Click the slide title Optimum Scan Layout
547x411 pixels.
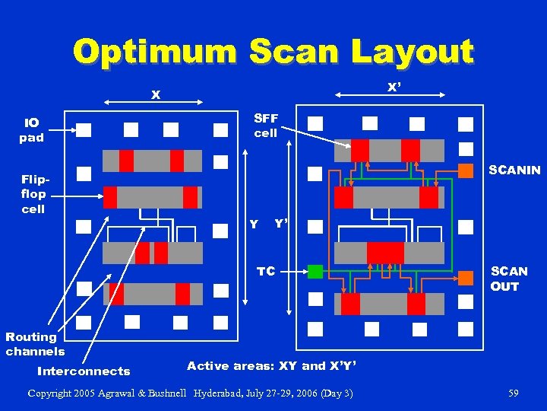click(273, 52)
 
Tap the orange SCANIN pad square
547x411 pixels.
click(466, 170)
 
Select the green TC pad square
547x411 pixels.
click(315, 271)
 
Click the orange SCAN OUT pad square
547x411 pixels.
click(466, 279)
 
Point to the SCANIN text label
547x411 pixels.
click(514, 170)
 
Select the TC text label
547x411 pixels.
click(266, 271)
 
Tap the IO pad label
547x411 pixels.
click(32, 130)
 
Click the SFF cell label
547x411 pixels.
click(266, 126)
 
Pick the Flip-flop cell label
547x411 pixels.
click(33, 194)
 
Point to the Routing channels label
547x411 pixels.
click(35, 344)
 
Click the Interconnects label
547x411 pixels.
click(84, 371)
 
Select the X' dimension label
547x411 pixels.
click(394, 88)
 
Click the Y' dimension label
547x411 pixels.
click(281, 224)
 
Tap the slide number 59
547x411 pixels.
click(514, 393)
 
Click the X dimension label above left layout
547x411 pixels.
click(155, 95)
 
